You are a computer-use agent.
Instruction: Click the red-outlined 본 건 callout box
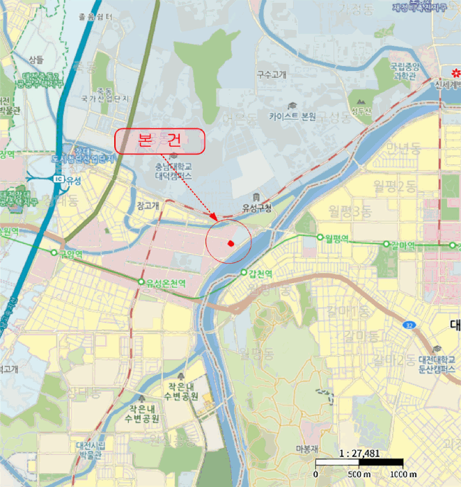point(160,141)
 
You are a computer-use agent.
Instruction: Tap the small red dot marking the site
point(230,243)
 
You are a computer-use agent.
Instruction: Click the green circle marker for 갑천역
point(244,273)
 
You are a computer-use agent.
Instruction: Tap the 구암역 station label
point(70,254)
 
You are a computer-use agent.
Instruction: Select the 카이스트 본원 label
point(292,117)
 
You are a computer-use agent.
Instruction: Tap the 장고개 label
point(148,205)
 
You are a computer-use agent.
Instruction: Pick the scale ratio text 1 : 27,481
point(359,453)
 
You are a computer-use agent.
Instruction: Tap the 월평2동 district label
point(394,185)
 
